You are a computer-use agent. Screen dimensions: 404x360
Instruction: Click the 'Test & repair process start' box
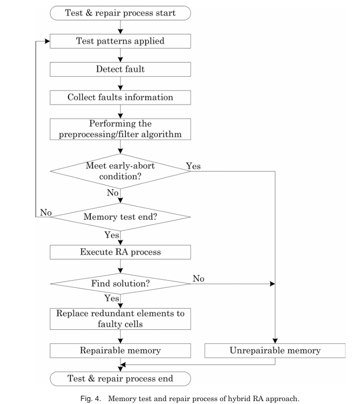click(120, 13)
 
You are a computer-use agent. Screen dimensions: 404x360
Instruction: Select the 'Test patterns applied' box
click(120, 41)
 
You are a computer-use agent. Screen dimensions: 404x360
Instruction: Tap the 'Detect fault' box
click(120, 69)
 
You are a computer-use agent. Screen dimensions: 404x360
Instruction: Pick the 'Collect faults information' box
click(120, 97)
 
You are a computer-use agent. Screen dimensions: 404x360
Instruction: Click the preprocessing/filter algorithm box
click(120, 129)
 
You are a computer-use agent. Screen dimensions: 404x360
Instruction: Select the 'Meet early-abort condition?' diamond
click(120, 171)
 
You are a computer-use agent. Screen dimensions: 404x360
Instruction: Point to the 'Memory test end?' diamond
click(120, 216)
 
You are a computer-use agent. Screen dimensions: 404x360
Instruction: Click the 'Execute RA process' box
click(120, 252)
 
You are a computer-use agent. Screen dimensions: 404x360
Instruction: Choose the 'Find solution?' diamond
click(120, 283)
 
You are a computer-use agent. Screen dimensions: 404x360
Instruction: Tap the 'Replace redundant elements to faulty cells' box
click(120, 319)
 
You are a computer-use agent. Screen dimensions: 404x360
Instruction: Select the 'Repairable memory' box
click(120, 350)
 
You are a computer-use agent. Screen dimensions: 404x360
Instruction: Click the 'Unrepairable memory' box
click(275, 350)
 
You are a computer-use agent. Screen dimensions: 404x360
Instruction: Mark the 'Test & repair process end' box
click(120, 379)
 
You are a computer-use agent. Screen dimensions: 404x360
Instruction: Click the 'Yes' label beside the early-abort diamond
click(193, 166)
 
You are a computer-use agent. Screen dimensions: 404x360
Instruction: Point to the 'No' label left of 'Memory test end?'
click(46, 212)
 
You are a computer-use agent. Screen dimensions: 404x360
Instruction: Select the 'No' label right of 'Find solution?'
click(198, 278)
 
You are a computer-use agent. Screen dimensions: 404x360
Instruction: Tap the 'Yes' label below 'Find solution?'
click(111, 298)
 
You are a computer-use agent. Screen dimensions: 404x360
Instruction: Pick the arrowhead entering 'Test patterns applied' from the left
click(47, 41)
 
